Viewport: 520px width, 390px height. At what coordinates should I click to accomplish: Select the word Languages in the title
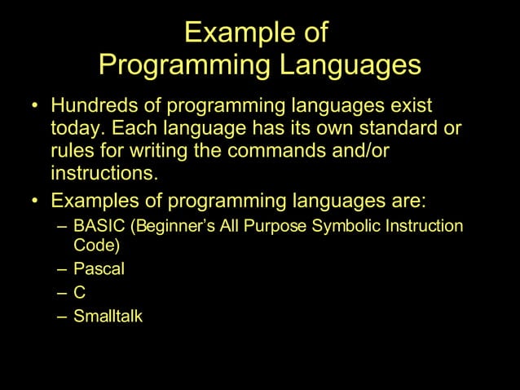[351, 64]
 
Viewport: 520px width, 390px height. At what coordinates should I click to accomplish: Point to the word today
[77, 129]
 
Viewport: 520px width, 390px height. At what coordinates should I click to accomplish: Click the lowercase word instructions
[103, 174]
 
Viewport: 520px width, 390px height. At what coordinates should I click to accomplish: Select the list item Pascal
[99, 268]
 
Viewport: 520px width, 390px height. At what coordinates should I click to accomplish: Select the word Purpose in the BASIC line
[284, 225]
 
